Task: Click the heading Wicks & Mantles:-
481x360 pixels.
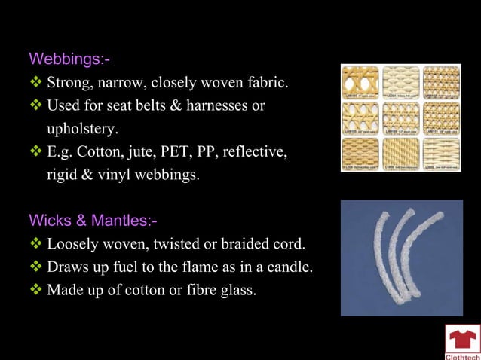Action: (93, 221)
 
